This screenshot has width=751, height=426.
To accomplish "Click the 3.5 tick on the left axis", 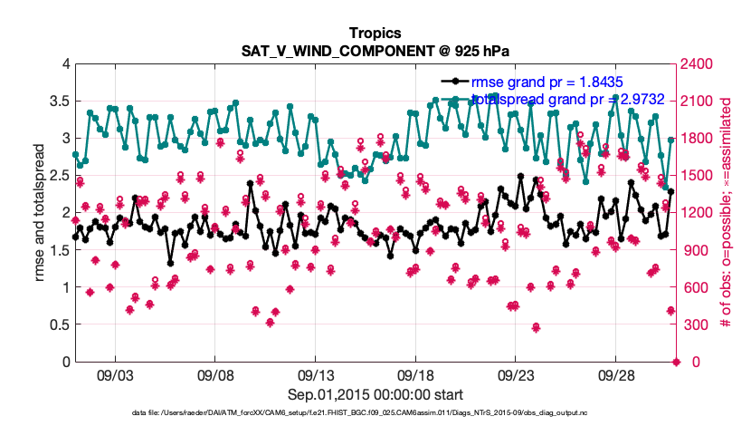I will [60, 101].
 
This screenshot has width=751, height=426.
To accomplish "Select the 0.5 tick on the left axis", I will [60, 324].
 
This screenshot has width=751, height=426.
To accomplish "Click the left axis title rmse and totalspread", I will [39, 212].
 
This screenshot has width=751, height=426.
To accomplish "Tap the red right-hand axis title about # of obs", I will [726, 212].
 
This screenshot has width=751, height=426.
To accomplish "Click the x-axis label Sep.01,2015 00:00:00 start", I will [375, 394].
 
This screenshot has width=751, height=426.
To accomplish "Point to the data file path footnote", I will [375, 413].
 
